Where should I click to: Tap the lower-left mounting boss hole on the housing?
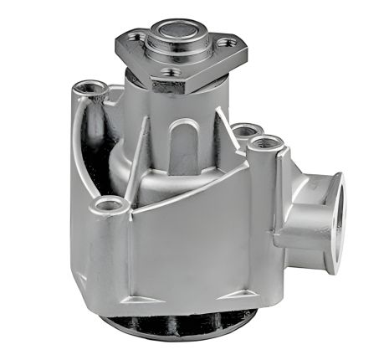pyautogui.click(x=109, y=203)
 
